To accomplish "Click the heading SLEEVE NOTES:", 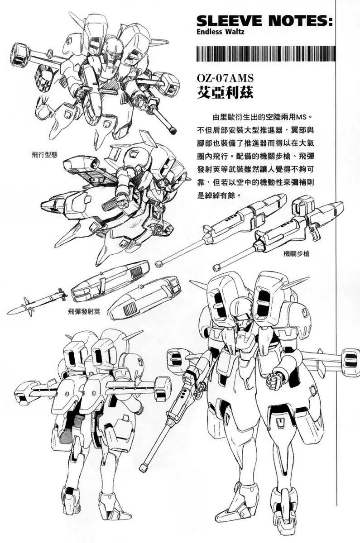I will coord(265,21).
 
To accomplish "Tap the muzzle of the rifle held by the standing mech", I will coord(144,467).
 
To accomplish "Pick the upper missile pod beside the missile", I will coord(110,281).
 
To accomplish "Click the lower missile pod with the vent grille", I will coord(144,300).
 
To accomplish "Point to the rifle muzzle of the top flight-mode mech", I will coord(173,130).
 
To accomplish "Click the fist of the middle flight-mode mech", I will coord(125,200).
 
